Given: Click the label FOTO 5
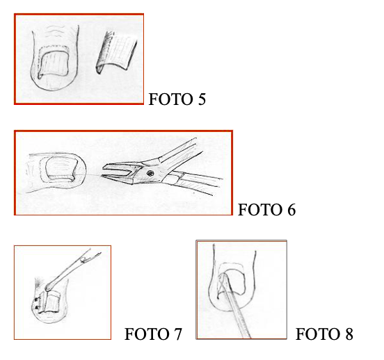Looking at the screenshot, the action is coord(177,99).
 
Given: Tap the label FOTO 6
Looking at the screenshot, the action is coord(266,210).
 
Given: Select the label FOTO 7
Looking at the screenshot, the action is coord(153,334).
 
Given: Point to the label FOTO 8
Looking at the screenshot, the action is coord(324,334).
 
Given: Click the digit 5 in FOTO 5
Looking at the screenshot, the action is coord(202,99).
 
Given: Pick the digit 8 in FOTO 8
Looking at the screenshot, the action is coord(349,334).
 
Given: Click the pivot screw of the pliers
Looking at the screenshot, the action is coord(150,173).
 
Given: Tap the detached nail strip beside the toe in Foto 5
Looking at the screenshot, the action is coord(116,52).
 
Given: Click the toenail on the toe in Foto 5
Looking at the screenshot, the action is coord(53,64).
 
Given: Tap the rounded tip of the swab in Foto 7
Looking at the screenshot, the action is coord(49,286).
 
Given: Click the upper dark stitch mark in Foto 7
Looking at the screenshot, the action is coord(37,300).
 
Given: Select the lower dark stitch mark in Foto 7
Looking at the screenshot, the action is coord(38,307).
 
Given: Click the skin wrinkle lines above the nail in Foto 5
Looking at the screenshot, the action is coord(55,31).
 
